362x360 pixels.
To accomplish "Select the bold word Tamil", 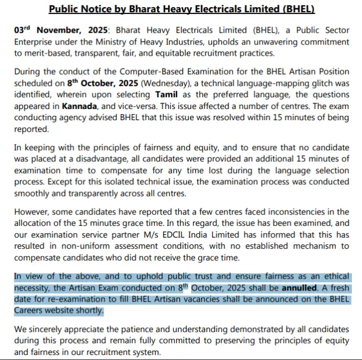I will (x=167, y=95).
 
